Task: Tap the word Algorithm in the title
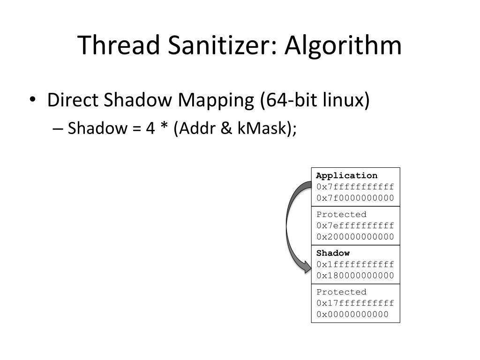coord(344,45)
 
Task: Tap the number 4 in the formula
coord(150,127)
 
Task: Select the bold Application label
coord(346,176)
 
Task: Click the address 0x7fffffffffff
coord(355,187)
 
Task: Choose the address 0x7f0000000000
coord(355,197)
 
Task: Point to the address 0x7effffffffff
coord(355,225)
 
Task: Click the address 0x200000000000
coord(355,236)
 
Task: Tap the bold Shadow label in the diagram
coord(333,253)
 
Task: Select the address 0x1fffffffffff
coord(355,264)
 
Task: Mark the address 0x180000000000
coord(355,275)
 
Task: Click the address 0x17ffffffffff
coord(355,303)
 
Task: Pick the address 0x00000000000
coord(352,314)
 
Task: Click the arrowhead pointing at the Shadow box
coord(306,269)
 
